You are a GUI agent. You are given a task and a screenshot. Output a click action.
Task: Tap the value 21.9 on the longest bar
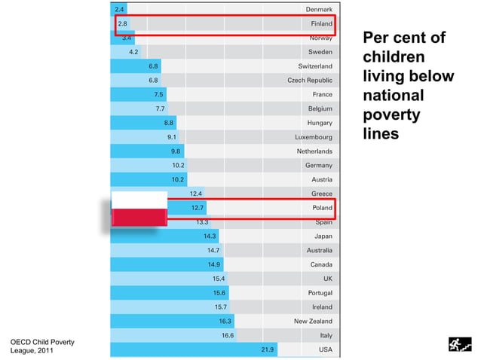268,350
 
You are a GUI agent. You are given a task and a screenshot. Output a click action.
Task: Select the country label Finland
322,24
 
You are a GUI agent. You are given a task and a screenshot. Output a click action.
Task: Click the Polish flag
139,209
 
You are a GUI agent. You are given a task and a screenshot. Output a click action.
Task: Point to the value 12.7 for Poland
198,208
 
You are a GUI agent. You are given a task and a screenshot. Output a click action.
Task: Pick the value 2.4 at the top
119,9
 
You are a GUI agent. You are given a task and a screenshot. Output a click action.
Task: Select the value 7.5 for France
158,95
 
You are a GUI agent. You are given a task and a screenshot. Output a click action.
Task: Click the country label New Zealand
313,322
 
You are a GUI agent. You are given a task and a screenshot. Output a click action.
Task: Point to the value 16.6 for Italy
228,336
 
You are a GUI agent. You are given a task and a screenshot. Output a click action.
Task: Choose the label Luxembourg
314,137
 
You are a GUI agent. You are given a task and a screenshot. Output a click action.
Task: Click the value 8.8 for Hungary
170,123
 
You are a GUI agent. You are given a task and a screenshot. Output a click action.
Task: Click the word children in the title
394,57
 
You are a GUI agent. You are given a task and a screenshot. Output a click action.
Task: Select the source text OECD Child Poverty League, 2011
42,346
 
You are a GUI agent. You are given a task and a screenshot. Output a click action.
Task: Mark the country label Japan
323,236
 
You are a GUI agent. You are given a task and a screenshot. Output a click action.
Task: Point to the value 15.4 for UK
219,279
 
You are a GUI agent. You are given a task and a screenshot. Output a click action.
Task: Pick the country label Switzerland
315,66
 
